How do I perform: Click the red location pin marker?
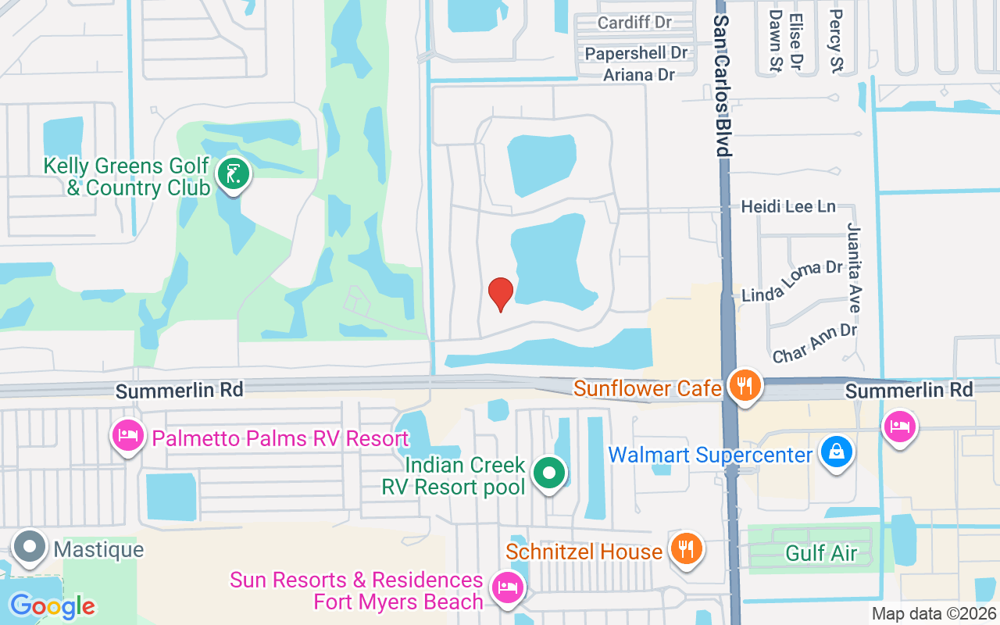coord(500,295)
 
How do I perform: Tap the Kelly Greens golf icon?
coord(232,174)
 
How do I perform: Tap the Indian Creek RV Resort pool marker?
coord(549,474)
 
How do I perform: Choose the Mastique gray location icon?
coord(30,548)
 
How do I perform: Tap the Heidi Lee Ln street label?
coord(788,207)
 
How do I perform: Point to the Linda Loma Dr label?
coord(791,281)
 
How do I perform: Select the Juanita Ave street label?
coord(854,267)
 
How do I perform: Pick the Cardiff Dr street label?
coord(634,22)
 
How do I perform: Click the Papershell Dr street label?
coord(636,53)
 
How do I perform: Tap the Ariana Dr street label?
coord(638,75)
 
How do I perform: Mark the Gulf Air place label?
coord(821,554)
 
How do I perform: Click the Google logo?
coord(52,605)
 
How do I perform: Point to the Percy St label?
coord(836,41)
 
